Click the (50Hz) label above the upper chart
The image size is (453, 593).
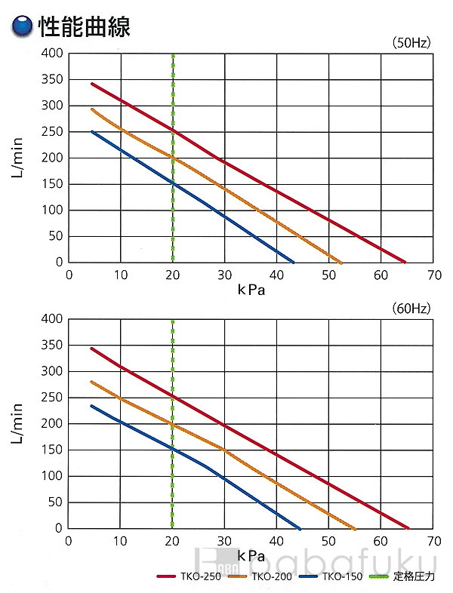coord(411,43)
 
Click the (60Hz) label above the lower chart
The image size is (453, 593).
coord(411,309)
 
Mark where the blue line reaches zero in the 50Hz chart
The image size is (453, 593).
coord(294,262)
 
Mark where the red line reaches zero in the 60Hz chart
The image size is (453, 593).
coord(408,528)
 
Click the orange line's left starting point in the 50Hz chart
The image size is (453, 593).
coord(91,109)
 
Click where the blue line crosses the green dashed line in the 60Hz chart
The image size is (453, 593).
coord(173,449)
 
